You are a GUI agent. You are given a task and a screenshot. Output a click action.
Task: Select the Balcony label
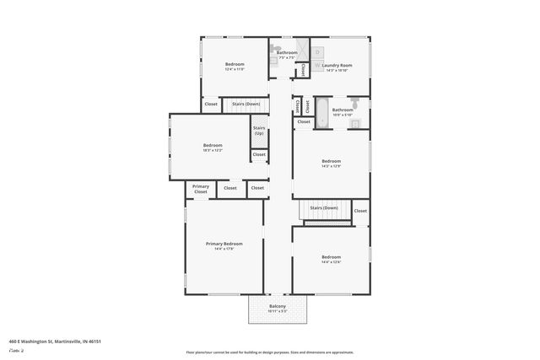click(x=278, y=306)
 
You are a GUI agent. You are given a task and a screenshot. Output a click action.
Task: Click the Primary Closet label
click(x=200, y=189)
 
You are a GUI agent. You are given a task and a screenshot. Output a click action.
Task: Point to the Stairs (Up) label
click(x=259, y=131)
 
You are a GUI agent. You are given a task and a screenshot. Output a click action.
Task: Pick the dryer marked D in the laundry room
click(x=317, y=51)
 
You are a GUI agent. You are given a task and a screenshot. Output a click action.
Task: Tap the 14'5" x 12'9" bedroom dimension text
click(x=331, y=166)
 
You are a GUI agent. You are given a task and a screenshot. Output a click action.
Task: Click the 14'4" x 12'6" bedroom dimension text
click(x=331, y=262)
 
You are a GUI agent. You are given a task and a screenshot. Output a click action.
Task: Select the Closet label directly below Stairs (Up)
click(x=259, y=154)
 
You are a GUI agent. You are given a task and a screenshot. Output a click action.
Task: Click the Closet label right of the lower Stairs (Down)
click(x=360, y=211)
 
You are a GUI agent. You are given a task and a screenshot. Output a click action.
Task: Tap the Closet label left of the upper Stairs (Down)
click(x=210, y=105)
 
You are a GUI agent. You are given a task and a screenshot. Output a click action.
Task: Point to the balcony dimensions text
click(x=278, y=312)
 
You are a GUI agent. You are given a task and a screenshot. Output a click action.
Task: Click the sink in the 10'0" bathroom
click(x=355, y=124)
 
